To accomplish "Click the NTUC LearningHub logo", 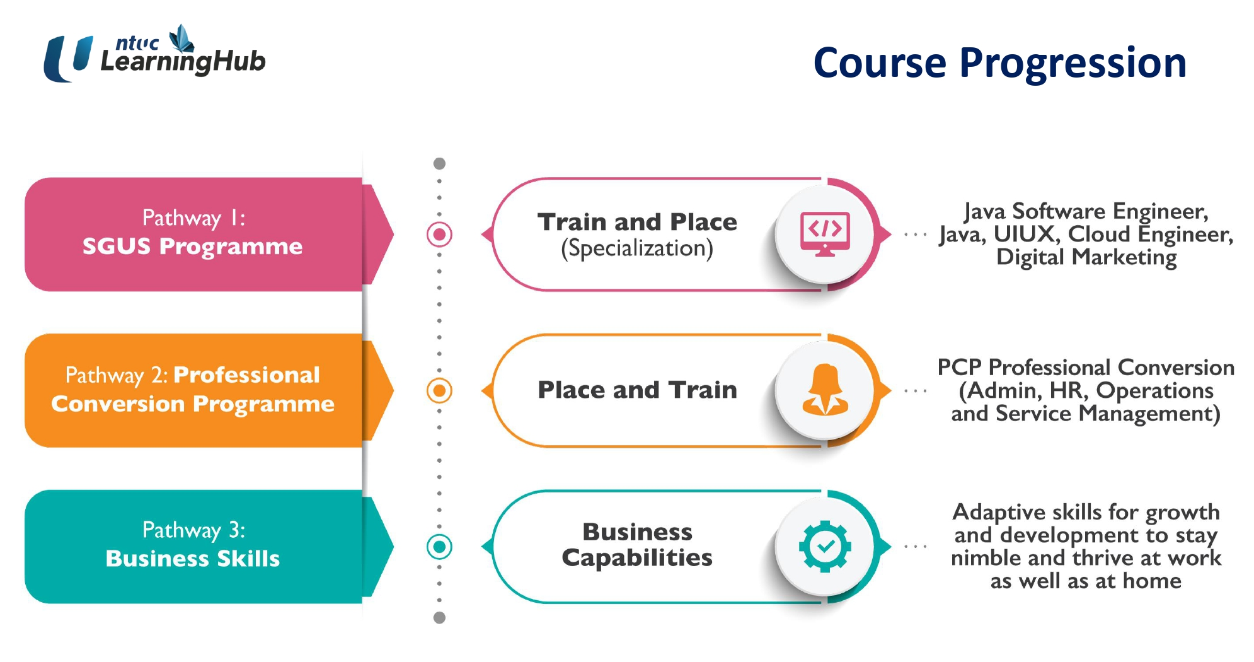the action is tap(154, 54).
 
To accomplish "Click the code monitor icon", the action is tap(825, 234).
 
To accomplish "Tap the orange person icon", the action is tap(825, 390).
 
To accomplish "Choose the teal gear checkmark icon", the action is tap(825, 547).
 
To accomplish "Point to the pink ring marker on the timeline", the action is tap(439, 235).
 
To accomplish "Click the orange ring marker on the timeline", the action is tap(439, 391).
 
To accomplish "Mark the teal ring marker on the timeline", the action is tap(439, 547).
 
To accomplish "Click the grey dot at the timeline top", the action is tap(439, 164).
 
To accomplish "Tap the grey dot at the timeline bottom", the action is tap(439, 618).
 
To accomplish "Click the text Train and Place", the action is tap(637, 222).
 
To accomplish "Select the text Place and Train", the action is tap(637, 390).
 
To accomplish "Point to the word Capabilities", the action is tap(637, 558).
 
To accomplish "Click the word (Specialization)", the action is tap(637, 248).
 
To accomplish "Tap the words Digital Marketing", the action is tap(1086, 257).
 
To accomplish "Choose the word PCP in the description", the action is tap(960, 367).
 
